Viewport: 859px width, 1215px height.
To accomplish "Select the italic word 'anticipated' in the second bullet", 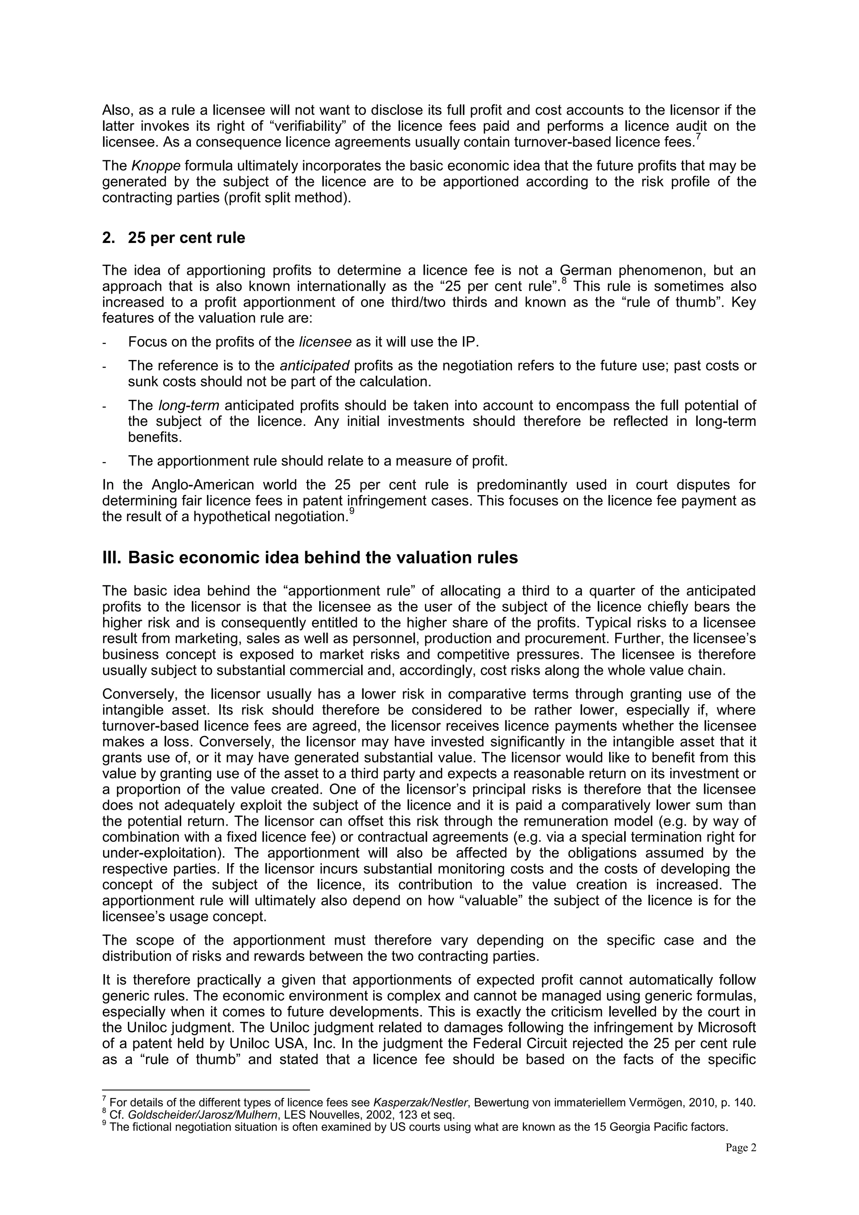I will [314, 366].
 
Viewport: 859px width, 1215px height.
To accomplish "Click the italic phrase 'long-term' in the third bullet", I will [189, 405].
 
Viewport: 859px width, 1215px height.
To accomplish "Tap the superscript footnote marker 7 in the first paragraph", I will [699, 138].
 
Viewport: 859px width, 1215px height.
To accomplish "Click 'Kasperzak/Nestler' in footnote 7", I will [421, 1103].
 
